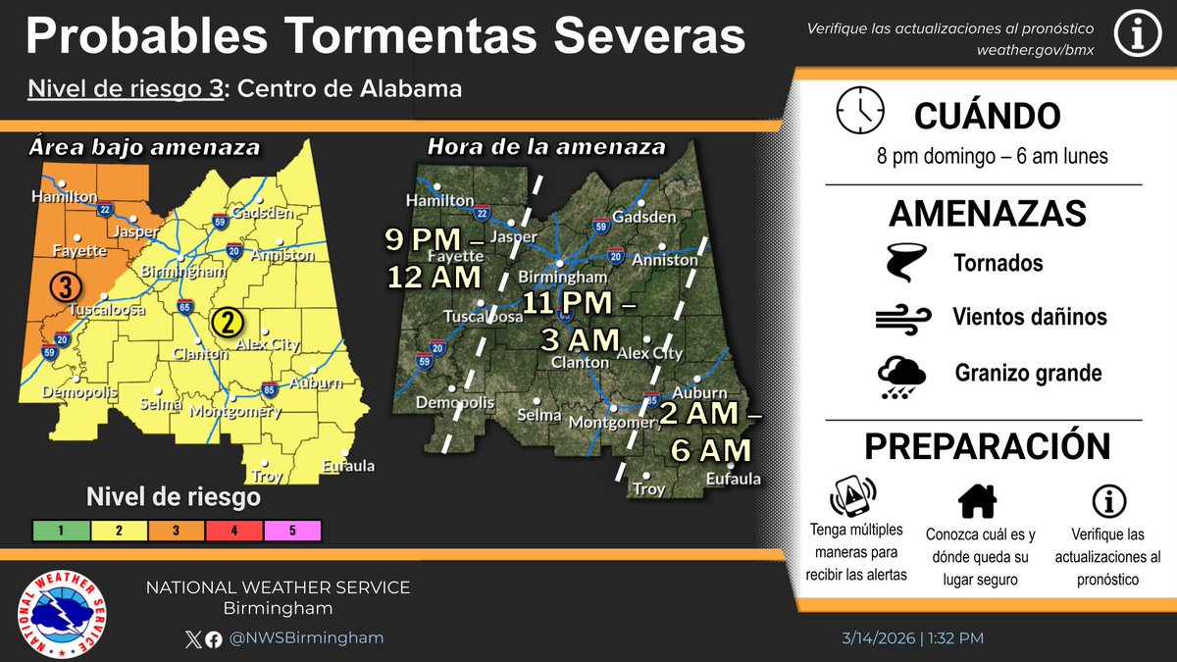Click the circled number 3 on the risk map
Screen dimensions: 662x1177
click(66, 287)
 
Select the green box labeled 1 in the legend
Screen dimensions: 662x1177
click(61, 531)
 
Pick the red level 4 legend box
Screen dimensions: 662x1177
click(234, 531)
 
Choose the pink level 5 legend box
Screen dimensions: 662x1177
click(291, 531)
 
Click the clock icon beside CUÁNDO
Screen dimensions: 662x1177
click(860, 110)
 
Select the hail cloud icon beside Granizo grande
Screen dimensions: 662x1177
click(901, 376)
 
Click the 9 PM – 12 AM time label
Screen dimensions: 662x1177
click(435, 258)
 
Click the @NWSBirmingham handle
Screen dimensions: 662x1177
click(306, 637)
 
